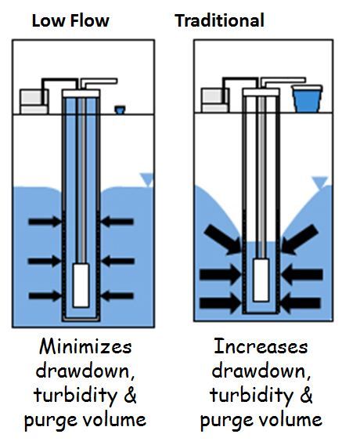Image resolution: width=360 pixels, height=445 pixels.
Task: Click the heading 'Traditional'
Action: tap(219, 20)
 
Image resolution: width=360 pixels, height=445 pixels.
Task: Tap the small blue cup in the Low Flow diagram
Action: tap(120, 110)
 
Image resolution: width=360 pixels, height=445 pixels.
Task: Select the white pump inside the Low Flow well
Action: tap(81, 285)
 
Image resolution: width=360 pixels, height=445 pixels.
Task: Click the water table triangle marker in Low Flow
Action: tap(146, 179)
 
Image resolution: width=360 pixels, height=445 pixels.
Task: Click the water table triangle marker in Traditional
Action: tap(319, 183)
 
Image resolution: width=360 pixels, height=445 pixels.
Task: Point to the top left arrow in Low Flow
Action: tap(45, 222)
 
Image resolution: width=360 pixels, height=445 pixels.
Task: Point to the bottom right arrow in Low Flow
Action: tap(117, 295)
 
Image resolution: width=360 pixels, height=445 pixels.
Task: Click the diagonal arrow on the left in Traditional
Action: tap(222, 240)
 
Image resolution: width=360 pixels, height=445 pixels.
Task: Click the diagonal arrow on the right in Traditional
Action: tap(298, 240)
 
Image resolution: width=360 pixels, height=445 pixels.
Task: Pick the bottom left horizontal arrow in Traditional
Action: tap(221, 302)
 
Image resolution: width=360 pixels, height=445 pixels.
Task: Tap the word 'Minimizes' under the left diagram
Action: tap(84, 346)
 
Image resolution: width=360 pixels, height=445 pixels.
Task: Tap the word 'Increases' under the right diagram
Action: tap(260, 346)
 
